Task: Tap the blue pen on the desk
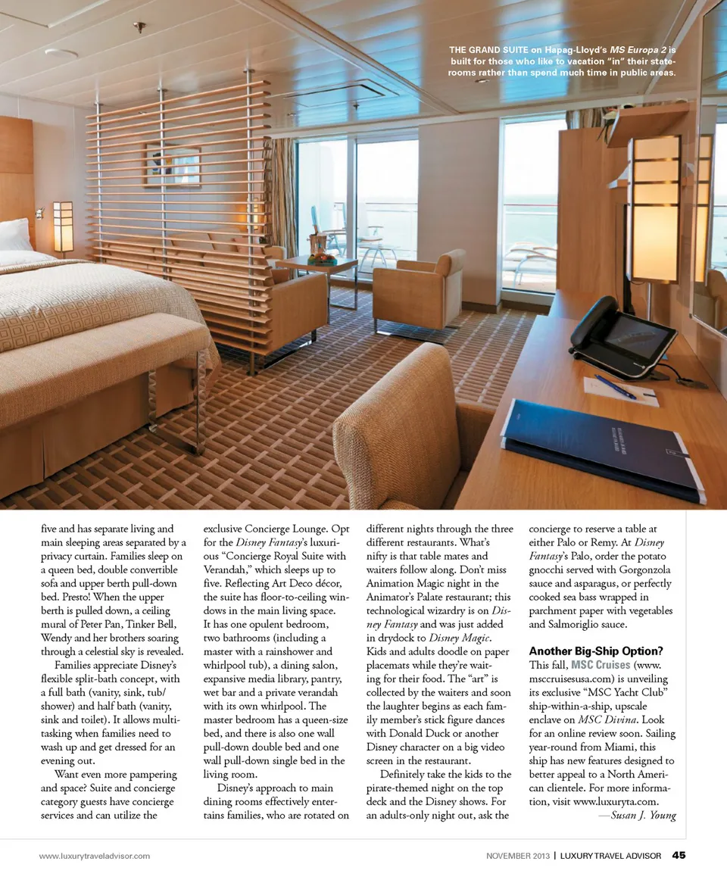[x=615, y=386]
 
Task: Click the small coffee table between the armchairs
[x=317, y=264]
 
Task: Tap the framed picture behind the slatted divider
[x=173, y=165]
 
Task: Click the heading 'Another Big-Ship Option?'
[x=595, y=651]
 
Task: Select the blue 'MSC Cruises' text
[x=601, y=665]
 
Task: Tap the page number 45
[x=679, y=856]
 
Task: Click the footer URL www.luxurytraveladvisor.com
[x=95, y=856]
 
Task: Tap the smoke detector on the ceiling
[x=61, y=54]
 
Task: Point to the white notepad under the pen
[x=621, y=391]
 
